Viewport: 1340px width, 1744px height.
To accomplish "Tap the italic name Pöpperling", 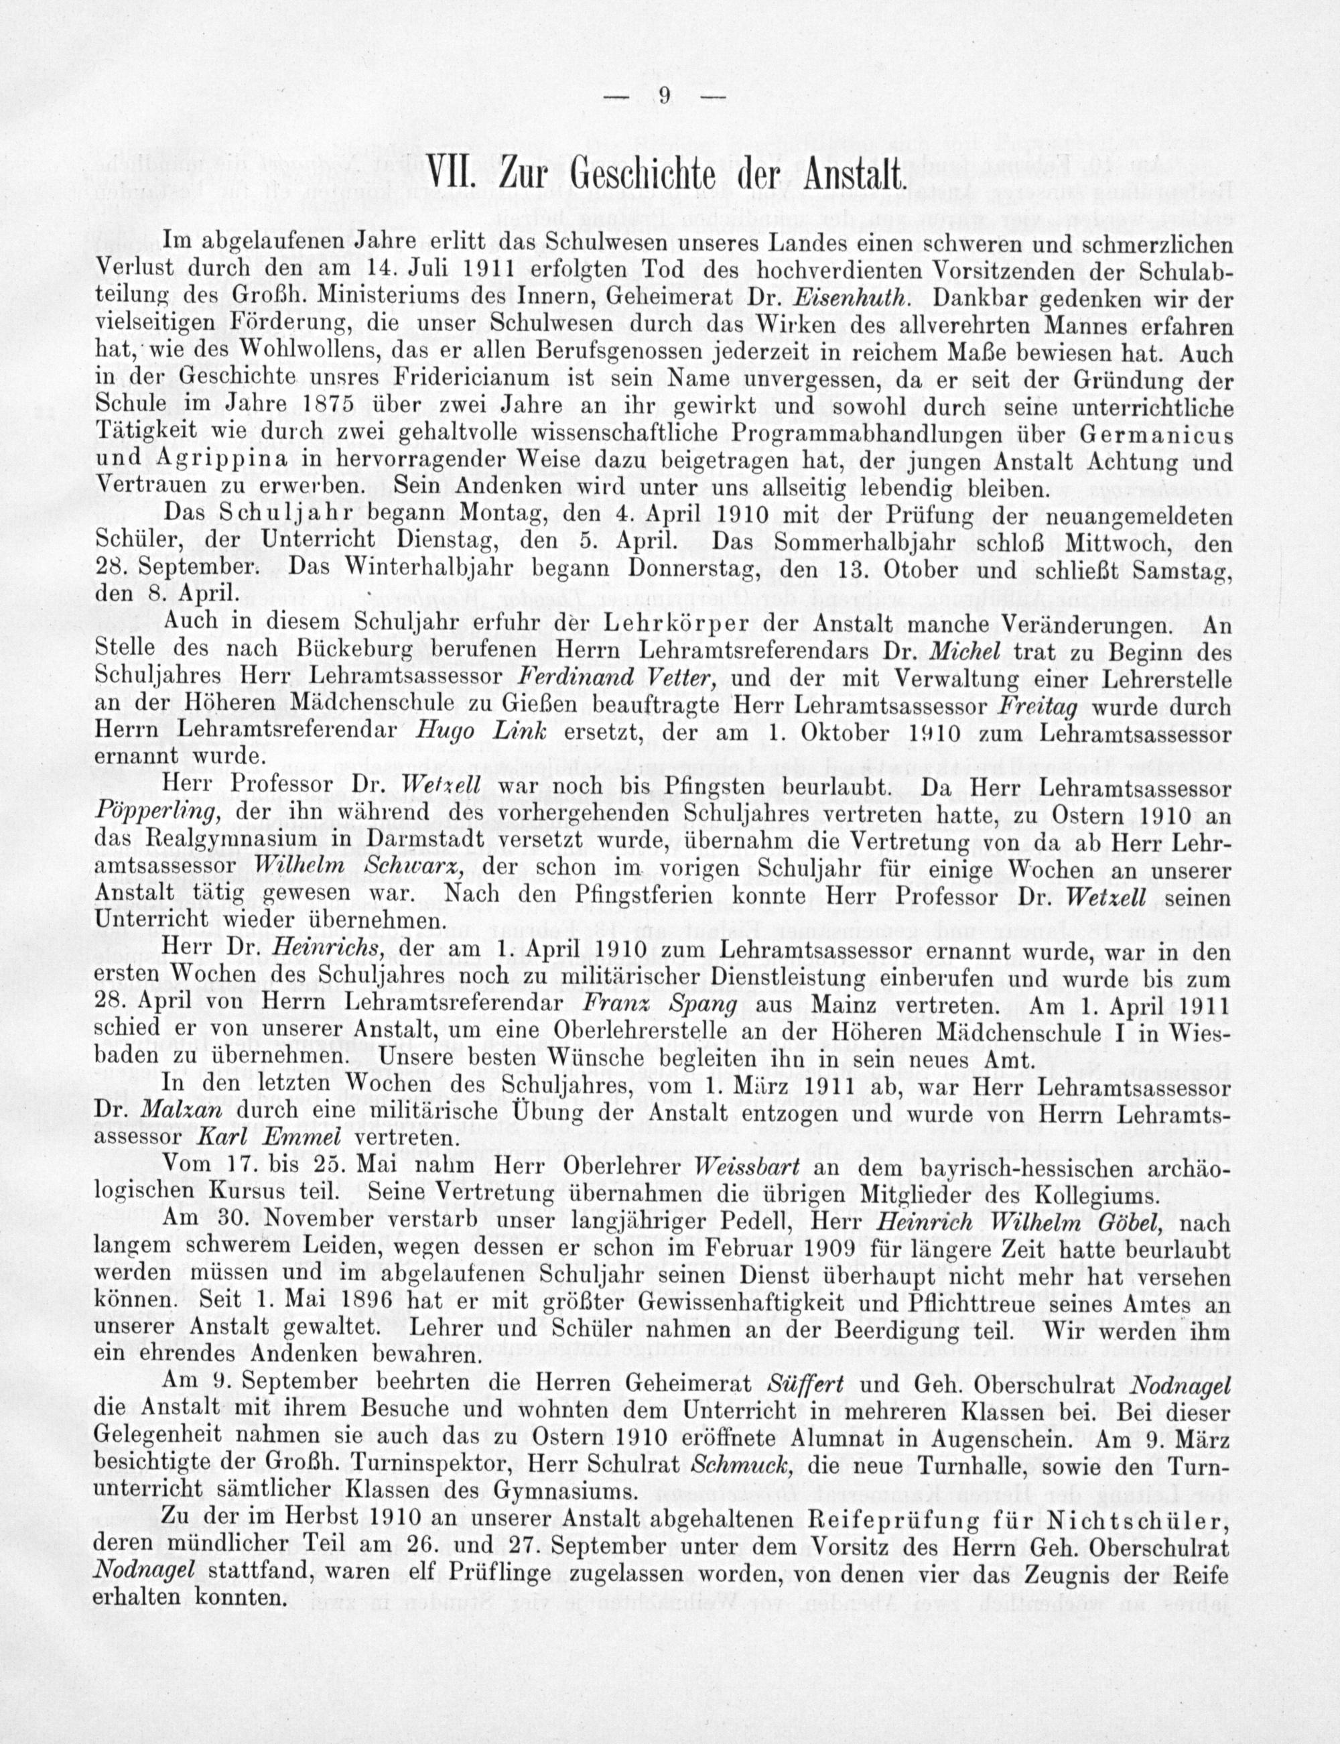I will point(156,814).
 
